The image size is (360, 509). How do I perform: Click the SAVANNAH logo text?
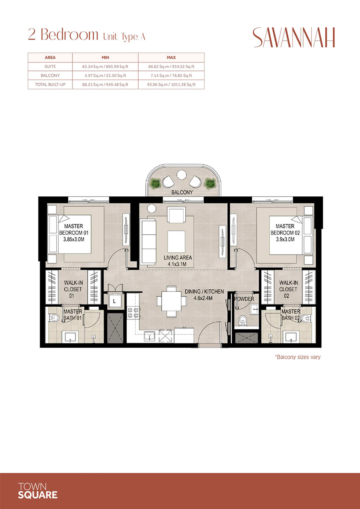(x=294, y=38)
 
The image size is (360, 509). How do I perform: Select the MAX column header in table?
(x=171, y=57)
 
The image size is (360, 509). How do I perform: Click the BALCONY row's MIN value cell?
(x=105, y=76)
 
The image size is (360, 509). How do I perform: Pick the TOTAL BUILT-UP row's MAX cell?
(x=171, y=84)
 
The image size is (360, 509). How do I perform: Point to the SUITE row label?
(x=50, y=67)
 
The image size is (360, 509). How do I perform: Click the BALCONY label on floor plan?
(x=182, y=192)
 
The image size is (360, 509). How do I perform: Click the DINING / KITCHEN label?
(x=204, y=292)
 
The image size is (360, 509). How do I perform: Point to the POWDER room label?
(x=244, y=299)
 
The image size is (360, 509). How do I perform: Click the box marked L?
(x=114, y=301)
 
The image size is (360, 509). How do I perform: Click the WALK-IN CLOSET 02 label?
(x=288, y=289)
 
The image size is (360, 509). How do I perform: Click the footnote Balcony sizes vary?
(x=297, y=357)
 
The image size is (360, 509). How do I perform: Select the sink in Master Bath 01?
(x=70, y=337)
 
